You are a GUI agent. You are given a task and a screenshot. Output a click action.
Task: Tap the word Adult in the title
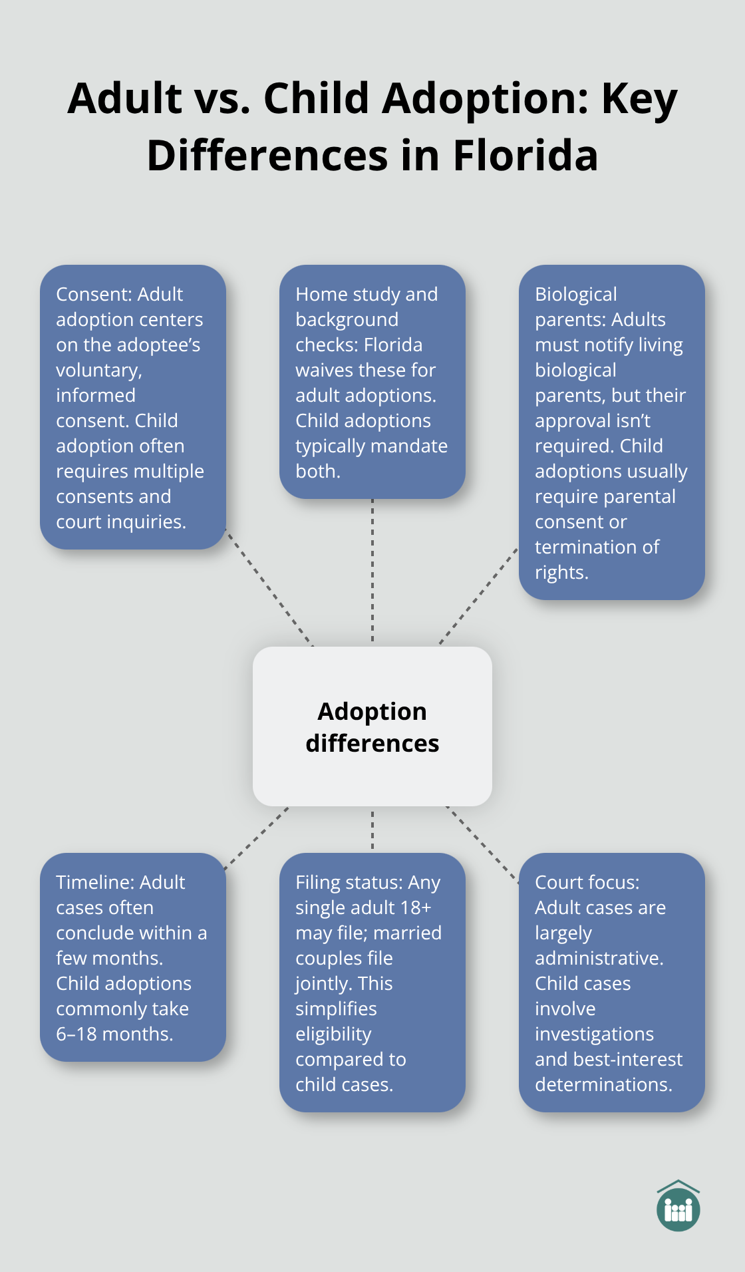[125, 98]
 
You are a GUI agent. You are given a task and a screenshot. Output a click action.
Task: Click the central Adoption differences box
[372, 726]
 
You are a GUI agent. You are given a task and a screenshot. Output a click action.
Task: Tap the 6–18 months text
[114, 1034]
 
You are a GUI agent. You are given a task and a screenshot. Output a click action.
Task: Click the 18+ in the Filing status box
[418, 907]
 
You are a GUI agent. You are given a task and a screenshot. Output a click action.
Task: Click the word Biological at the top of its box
[575, 294]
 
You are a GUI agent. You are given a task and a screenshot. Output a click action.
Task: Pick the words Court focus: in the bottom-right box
[587, 882]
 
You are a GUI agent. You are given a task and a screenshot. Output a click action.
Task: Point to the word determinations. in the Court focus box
[603, 1084]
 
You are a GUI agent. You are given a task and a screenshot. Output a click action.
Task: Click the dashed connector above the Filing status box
[372, 830]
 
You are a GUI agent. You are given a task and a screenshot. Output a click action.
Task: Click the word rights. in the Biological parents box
[561, 572]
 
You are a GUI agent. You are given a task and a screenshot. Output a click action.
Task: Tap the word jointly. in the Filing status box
[319, 983]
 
